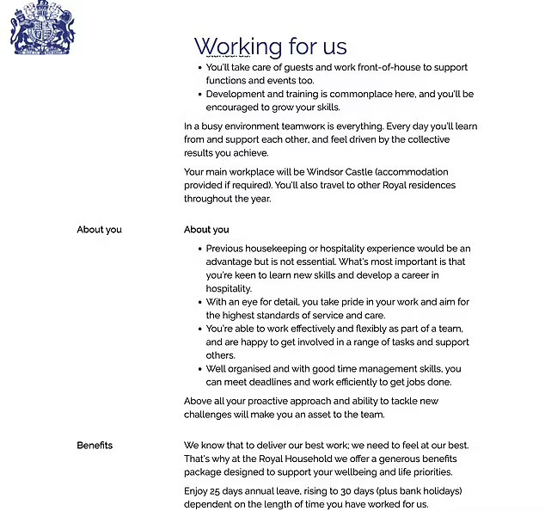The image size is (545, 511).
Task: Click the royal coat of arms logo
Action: pyautogui.click(x=43, y=29)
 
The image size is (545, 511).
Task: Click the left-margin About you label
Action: pyautogui.click(x=99, y=230)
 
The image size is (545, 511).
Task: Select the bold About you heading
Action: pyautogui.click(x=206, y=230)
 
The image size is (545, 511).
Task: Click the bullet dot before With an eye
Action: pyautogui.click(x=199, y=303)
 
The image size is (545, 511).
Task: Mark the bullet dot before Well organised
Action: pyautogui.click(x=199, y=369)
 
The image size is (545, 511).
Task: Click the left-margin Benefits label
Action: pyautogui.click(x=95, y=446)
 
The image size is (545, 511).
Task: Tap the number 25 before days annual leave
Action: pyautogui.click(x=222, y=491)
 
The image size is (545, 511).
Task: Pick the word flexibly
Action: pyautogui.click(x=364, y=329)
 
